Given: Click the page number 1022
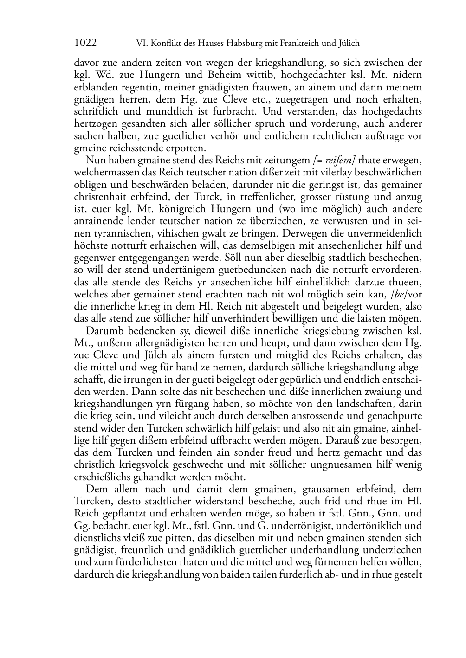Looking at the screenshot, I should pyautogui.click(x=85, y=43).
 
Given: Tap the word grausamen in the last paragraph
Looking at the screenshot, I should pyautogui.click(x=328, y=489).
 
